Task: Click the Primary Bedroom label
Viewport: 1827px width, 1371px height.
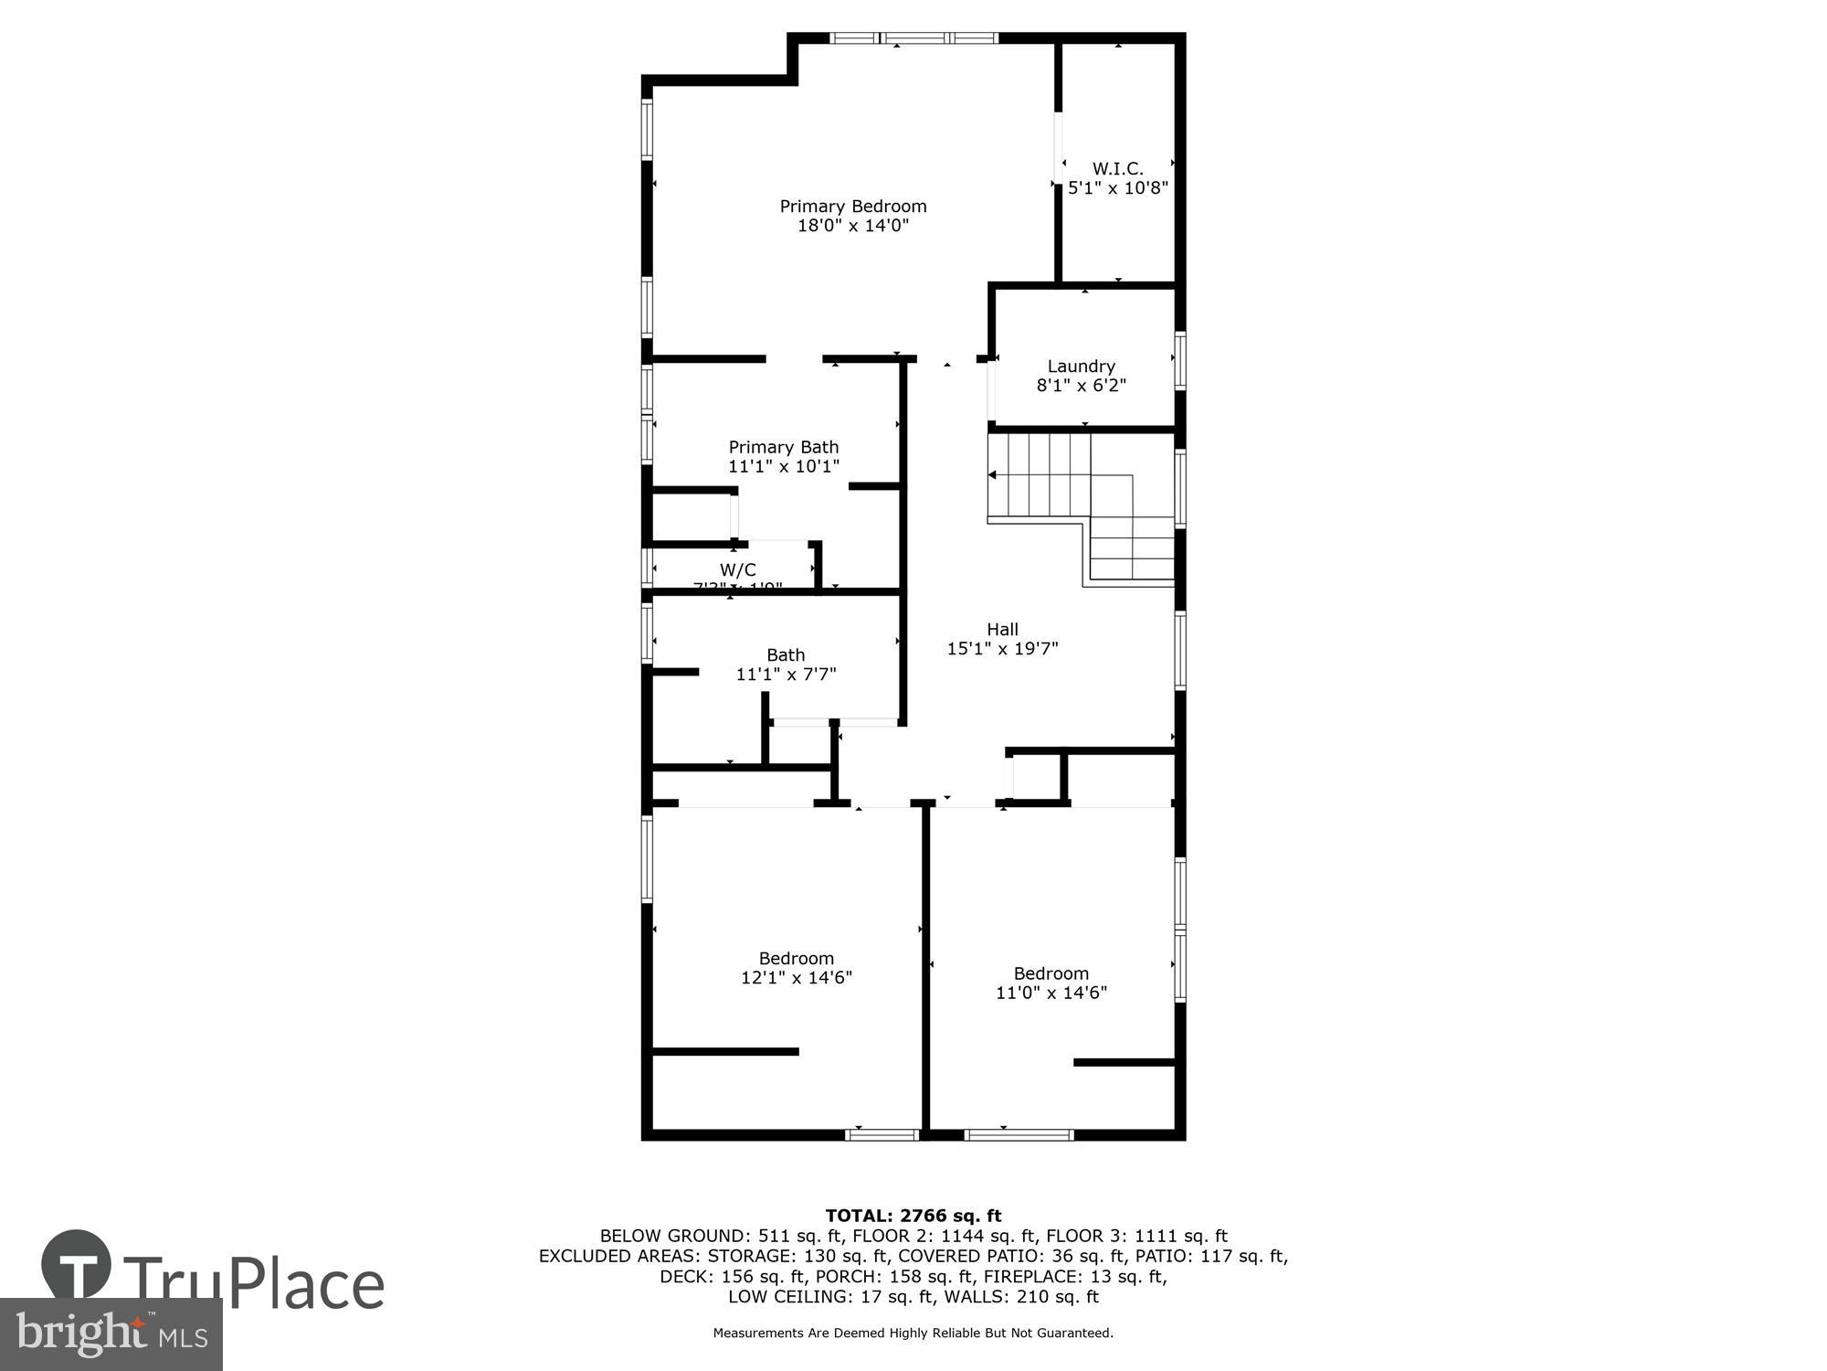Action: [x=852, y=207]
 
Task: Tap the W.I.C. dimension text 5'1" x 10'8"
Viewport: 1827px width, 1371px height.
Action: [x=1118, y=188]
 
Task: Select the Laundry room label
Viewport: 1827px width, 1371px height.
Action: [x=1081, y=367]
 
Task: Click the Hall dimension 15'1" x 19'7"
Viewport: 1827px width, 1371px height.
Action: [x=1002, y=649]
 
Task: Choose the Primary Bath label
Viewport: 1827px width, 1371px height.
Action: [x=783, y=447]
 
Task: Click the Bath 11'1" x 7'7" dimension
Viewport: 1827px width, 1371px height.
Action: [x=786, y=675]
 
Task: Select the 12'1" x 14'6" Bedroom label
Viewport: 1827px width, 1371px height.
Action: [x=796, y=959]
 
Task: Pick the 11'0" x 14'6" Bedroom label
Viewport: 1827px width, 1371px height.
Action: [x=1051, y=973]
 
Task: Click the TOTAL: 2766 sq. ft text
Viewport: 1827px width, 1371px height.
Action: [x=913, y=1216]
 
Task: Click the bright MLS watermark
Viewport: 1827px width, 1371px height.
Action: [x=111, y=1334]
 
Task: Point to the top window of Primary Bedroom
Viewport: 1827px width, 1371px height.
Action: [x=913, y=38]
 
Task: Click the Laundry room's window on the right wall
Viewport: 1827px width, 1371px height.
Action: [x=1179, y=361]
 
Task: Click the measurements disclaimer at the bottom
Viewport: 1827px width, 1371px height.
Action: [x=913, y=1334]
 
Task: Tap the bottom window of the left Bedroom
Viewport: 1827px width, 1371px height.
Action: [x=882, y=1135]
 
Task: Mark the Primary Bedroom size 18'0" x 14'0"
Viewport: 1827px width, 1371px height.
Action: [x=852, y=226]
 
